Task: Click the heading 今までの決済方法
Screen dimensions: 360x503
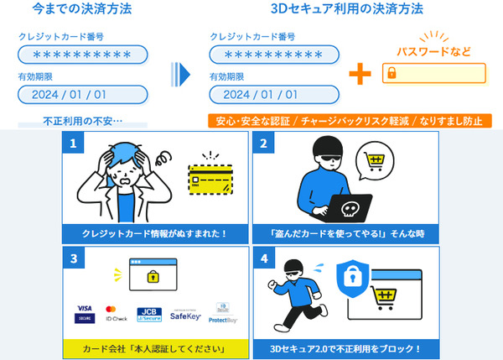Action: point(82,11)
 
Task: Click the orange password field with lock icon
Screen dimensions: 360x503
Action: point(433,73)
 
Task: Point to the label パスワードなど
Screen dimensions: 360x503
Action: point(433,51)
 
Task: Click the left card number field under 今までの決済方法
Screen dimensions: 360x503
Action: point(82,55)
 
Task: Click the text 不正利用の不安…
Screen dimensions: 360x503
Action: point(82,121)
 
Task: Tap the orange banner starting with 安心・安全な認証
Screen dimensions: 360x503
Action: point(349,121)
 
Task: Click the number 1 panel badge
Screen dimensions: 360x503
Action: point(74,143)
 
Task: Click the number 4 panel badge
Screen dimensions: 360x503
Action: point(264,258)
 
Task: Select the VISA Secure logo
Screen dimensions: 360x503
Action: point(84,313)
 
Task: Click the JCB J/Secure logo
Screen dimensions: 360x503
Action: point(148,313)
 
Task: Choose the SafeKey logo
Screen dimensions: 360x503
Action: point(187,314)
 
